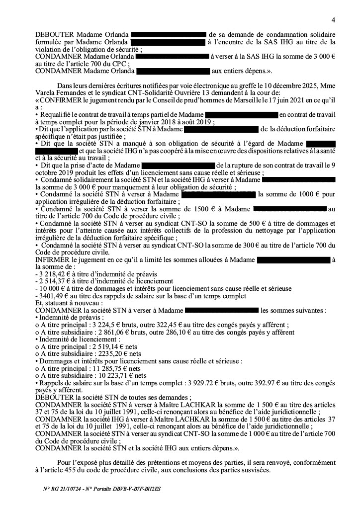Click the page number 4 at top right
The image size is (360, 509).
click(333, 19)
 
